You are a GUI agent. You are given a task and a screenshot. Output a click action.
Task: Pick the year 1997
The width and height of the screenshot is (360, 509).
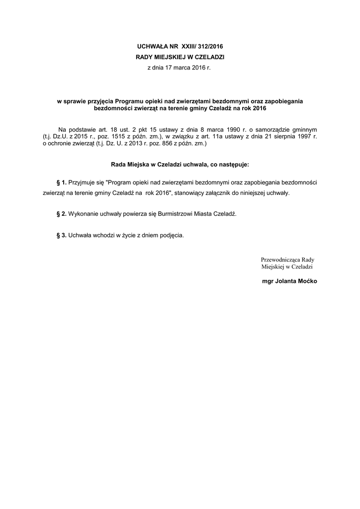(307, 136)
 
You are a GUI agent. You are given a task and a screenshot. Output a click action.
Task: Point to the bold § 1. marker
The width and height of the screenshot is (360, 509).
(62, 183)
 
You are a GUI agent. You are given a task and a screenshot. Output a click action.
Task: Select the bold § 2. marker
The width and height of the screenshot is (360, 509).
(62, 214)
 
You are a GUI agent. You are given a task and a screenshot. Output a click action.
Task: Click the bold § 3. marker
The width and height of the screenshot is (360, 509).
(62, 235)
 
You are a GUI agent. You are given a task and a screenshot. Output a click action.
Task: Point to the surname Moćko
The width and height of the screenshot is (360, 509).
(307, 281)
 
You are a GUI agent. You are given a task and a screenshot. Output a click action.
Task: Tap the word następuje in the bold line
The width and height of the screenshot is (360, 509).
(233, 164)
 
